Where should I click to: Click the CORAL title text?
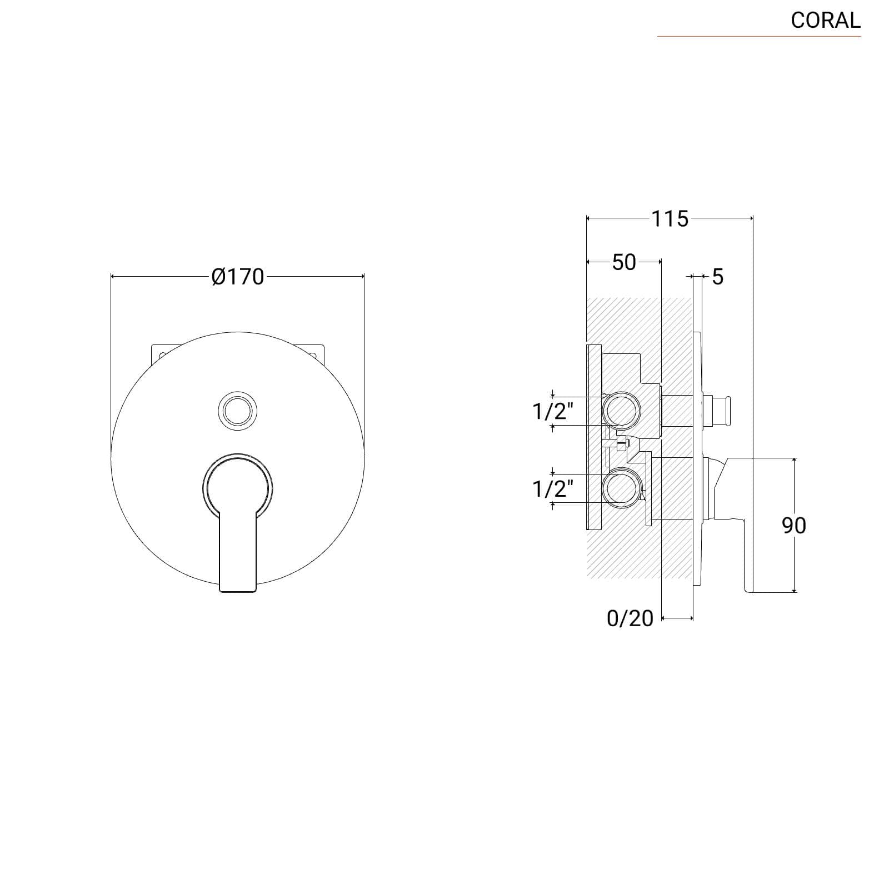826,21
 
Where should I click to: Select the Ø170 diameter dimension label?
238,276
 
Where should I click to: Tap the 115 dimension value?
670,219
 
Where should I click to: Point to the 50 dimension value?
624,262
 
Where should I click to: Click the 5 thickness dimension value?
718,276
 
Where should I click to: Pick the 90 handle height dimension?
794,525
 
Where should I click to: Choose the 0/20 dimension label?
630,618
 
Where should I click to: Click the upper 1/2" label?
553,411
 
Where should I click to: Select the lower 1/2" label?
553,488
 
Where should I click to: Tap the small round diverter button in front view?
238,410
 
